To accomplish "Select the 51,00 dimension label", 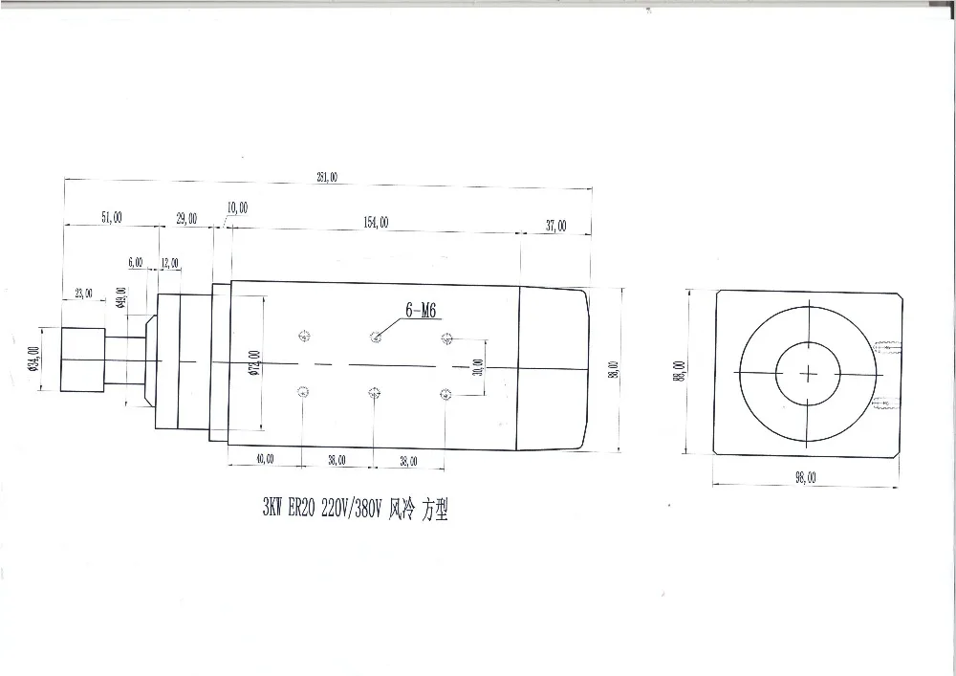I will tap(111, 218).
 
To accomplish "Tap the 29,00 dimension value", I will tap(186, 218).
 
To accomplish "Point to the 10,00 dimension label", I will tap(237, 207).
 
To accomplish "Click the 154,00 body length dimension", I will tap(376, 222).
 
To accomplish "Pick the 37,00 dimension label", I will tap(555, 226).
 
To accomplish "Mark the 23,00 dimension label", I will tap(83, 294).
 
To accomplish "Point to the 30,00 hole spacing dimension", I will tap(477, 365).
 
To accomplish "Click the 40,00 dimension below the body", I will tap(264, 460).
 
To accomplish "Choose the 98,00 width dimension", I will tap(806, 479).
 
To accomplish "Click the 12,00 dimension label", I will tap(169, 263).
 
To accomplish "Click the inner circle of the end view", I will tap(809, 371).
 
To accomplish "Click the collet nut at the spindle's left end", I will tap(83, 359).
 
